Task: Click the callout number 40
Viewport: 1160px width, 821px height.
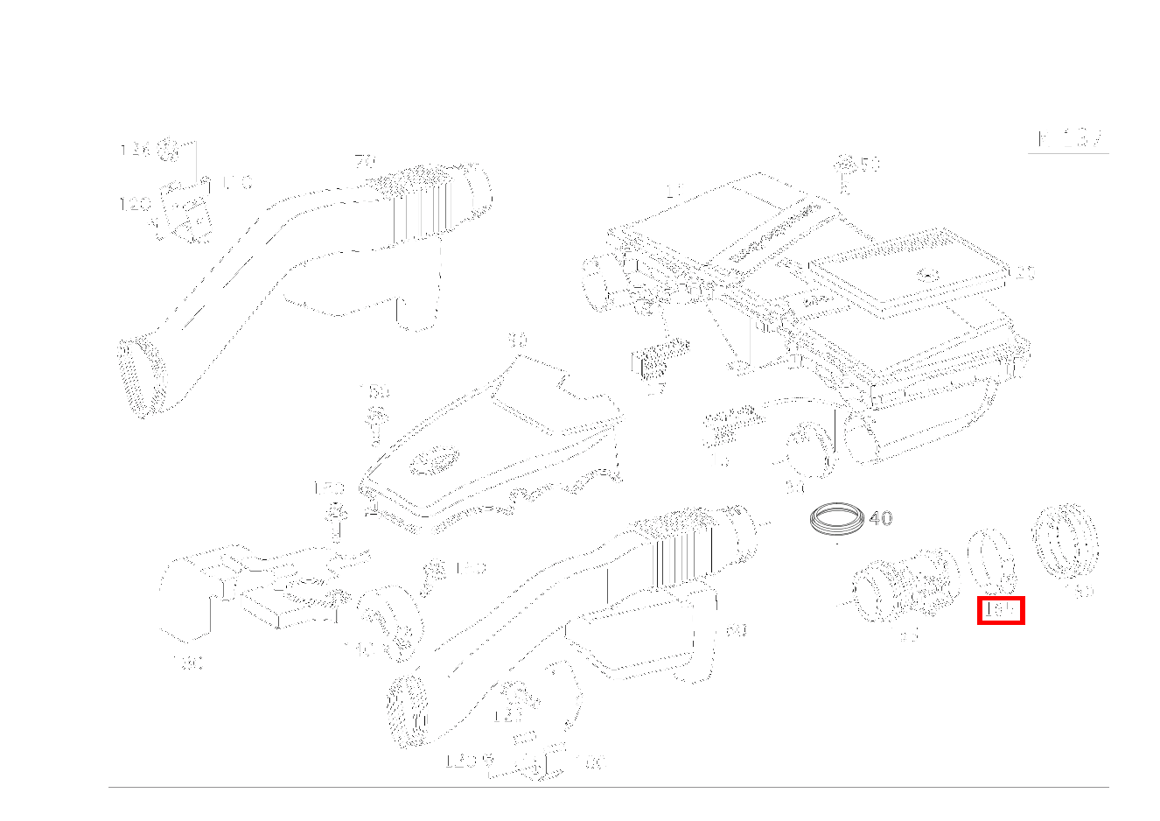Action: [x=881, y=518]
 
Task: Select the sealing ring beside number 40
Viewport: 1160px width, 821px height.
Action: [x=836, y=518]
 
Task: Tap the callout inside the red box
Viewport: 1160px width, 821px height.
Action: [x=1000, y=610]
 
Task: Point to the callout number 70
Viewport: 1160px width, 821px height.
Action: [x=364, y=162]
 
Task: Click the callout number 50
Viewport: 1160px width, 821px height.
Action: [x=870, y=165]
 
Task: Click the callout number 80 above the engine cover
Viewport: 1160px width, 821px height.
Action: [x=518, y=340]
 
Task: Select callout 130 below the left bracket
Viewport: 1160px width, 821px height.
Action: [x=189, y=663]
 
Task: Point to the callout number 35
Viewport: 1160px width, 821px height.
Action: [x=908, y=635]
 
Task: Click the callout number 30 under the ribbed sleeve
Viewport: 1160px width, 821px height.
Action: [x=1084, y=591]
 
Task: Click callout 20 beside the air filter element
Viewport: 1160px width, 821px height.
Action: [x=1024, y=273]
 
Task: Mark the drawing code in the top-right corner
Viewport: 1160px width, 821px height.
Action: [x=1069, y=139]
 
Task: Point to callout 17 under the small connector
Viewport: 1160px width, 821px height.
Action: [x=656, y=389]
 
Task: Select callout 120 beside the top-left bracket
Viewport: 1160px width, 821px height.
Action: [x=135, y=205]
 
